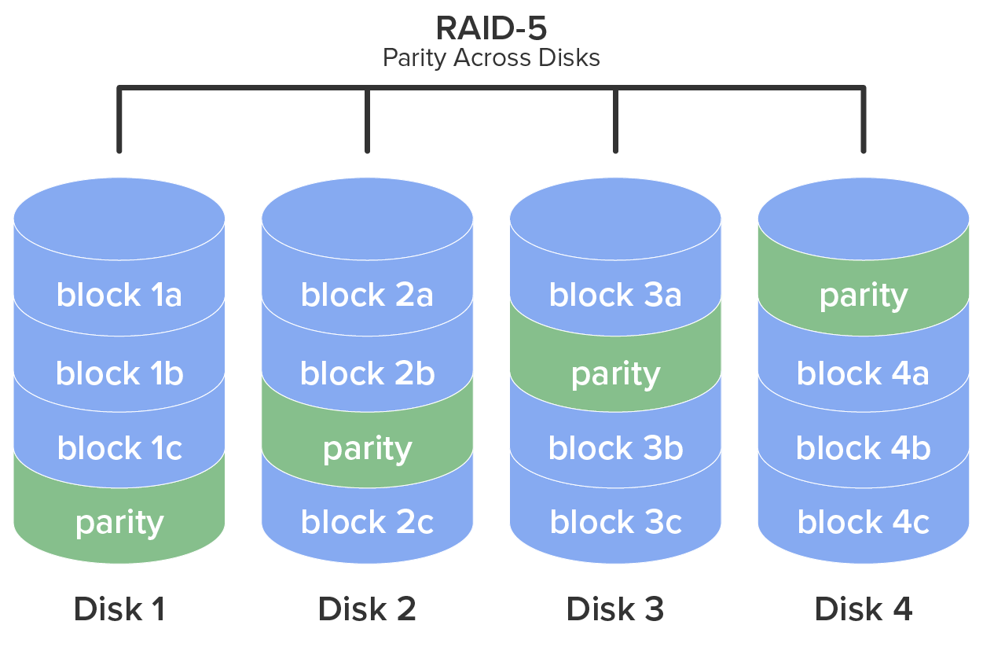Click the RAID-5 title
(491, 28)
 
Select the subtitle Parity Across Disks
(491, 58)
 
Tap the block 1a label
(119, 296)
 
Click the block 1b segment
(119, 373)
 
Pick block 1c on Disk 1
(119, 448)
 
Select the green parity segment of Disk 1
(119, 523)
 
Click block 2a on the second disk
(367, 296)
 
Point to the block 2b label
(367, 373)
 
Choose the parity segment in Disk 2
(367, 449)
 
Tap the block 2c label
(367, 523)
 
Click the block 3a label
(615, 296)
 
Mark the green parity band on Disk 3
(615, 374)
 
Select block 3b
(615, 448)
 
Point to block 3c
(615, 523)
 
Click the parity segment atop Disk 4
(864, 296)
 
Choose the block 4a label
(864, 373)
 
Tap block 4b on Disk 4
(864, 448)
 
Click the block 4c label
(864, 523)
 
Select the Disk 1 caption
(119, 609)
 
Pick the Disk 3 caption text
(615, 609)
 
